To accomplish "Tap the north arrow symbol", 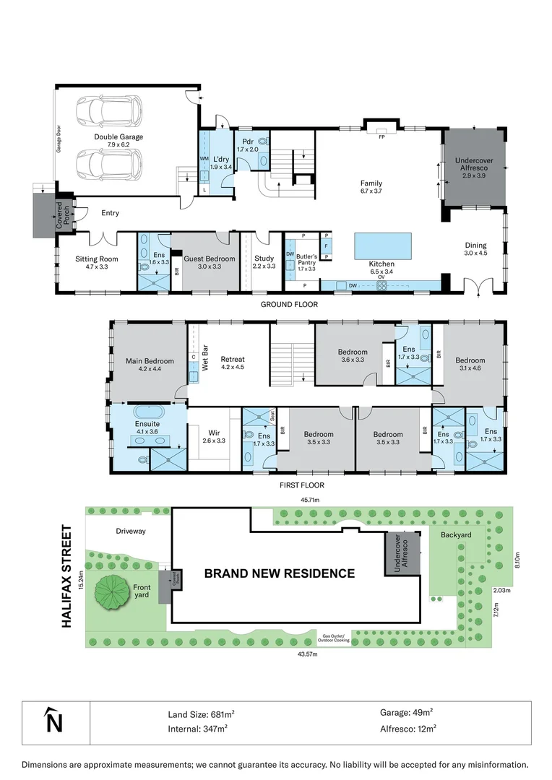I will tap(51, 720).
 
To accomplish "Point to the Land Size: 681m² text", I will tap(201, 713).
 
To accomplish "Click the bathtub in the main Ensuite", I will tap(147, 414).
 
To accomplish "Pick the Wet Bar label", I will tap(205, 360).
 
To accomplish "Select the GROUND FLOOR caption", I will tap(289, 304).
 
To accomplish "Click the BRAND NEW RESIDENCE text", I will tap(279, 573).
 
